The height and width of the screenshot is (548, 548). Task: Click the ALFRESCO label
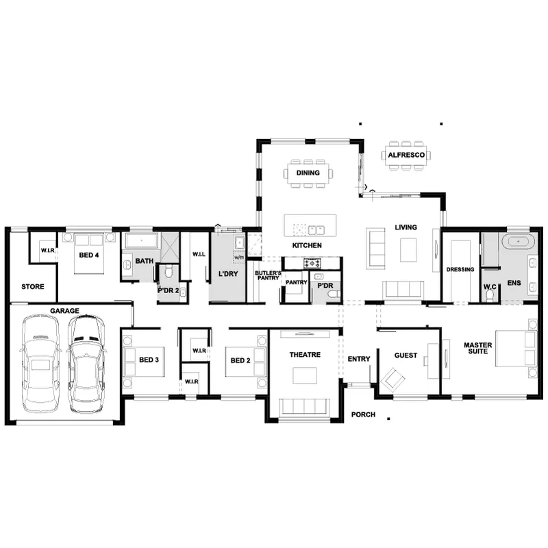point(406,155)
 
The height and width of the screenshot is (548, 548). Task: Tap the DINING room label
point(308,173)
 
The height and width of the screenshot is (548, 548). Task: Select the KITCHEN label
point(307,245)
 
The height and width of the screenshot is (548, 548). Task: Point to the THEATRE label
point(305,355)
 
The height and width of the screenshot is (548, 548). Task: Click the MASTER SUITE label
point(477,348)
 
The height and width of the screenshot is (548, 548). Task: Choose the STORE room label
point(33,286)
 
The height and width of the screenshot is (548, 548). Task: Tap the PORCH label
point(363,414)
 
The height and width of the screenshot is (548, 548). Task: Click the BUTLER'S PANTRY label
point(268,275)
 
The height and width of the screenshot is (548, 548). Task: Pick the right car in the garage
point(86,364)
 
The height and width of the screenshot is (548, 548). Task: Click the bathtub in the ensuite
point(519,242)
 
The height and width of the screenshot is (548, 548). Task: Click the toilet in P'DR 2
point(169,271)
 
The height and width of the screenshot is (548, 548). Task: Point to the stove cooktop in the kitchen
point(312,263)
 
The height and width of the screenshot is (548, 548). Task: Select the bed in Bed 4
point(89,253)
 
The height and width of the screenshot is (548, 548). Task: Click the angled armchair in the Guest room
point(393,379)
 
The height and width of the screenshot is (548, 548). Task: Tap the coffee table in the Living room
point(408,250)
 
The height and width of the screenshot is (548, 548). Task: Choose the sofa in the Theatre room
point(304,406)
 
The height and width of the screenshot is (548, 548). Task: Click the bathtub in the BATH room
point(142,241)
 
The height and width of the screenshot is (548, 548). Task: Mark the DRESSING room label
point(460,269)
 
